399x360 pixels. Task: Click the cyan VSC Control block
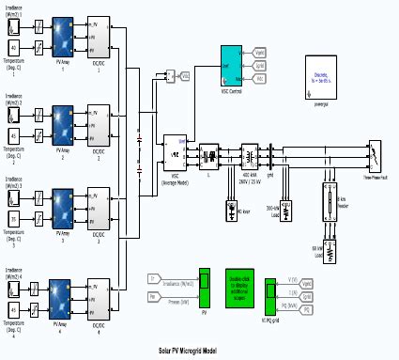232,65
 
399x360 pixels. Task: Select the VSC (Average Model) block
175,152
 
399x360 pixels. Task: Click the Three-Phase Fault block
375,154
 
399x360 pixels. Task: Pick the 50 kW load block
316,228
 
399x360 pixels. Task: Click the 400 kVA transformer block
250,153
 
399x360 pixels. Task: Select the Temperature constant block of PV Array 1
14,47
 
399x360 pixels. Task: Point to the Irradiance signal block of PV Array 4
14,278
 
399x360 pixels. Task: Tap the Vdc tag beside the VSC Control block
260,55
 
